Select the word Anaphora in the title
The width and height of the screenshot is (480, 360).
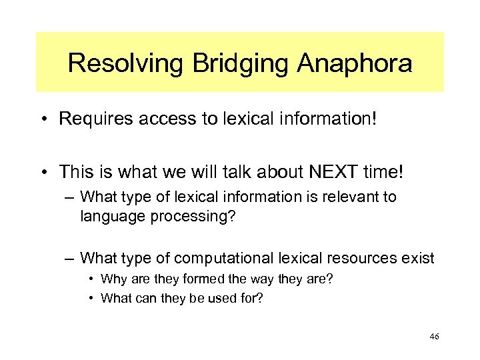point(355,64)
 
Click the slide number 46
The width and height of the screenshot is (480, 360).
point(434,337)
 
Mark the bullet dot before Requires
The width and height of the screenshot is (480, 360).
point(45,121)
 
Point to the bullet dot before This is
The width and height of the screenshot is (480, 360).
point(45,173)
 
